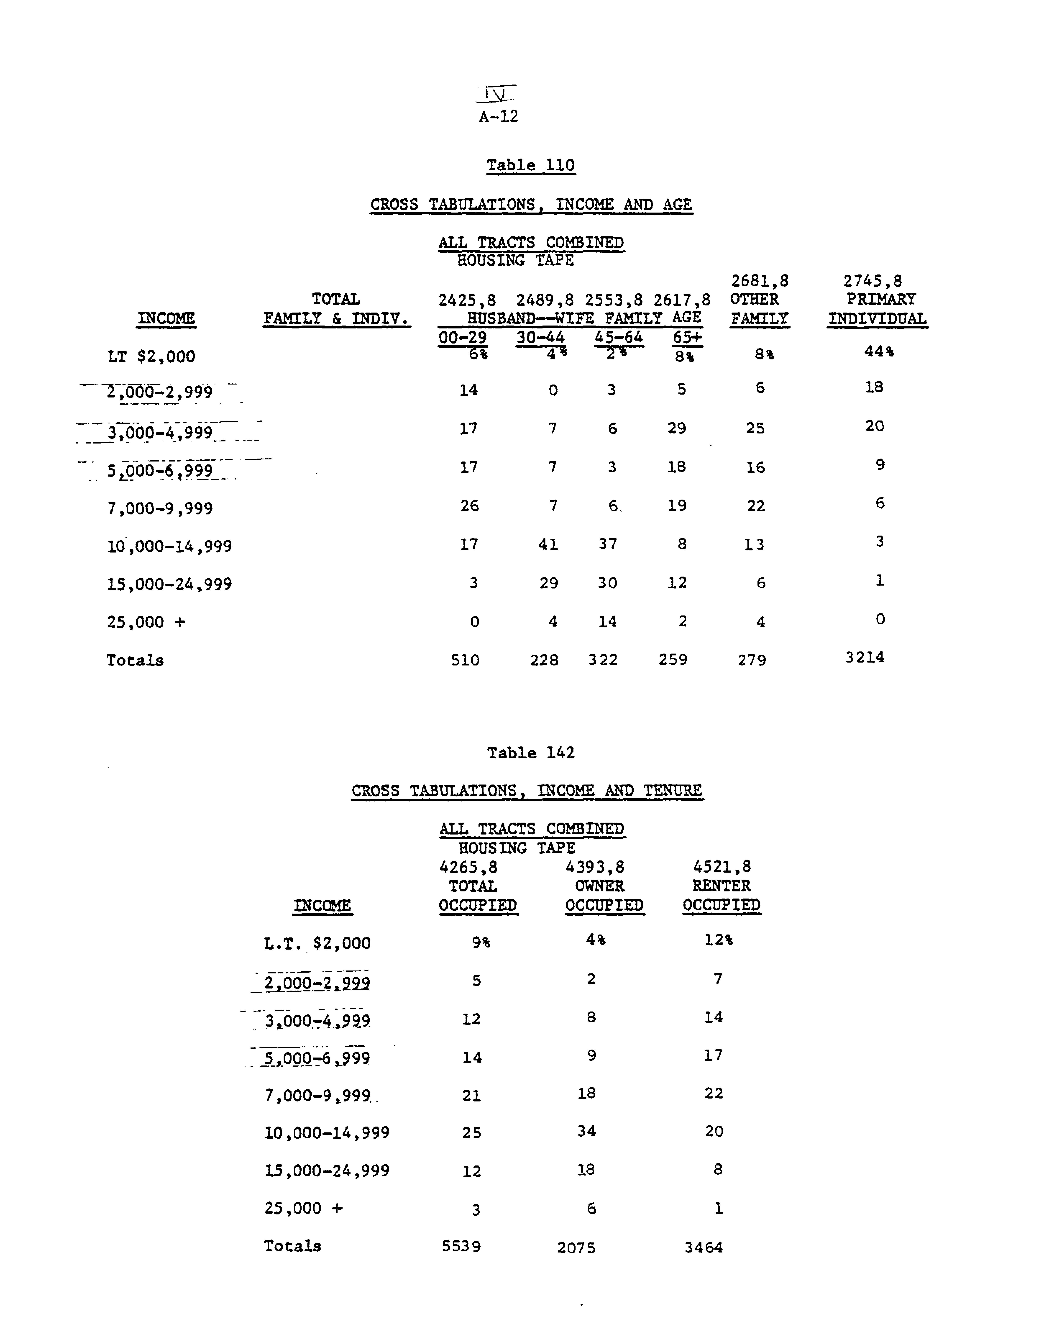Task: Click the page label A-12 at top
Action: tap(498, 116)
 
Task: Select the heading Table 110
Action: tap(531, 165)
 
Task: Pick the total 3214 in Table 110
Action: tap(864, 657)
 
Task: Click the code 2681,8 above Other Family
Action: tap(760, 281)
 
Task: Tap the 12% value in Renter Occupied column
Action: tap(718, 940)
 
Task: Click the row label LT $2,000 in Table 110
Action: tap(151, 356)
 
